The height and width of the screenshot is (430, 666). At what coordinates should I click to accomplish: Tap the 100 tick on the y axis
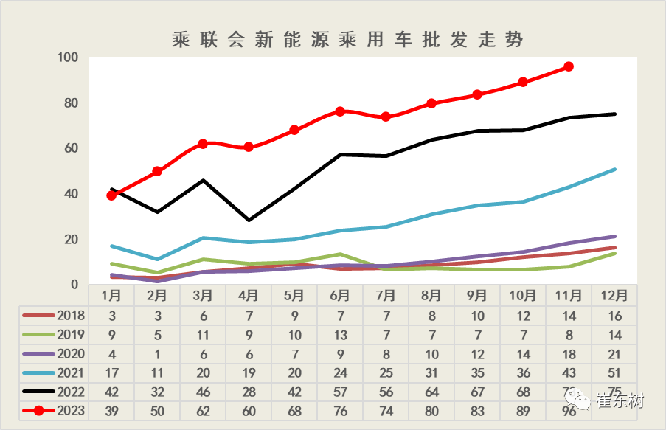[68, 58]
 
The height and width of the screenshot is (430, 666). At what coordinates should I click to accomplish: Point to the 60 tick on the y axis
[71, 148]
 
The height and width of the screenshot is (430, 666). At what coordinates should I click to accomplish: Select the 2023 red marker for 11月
[569, 66]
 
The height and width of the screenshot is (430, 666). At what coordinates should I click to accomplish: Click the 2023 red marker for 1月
[111, 195]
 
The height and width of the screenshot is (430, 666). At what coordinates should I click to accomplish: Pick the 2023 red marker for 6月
[340, 111]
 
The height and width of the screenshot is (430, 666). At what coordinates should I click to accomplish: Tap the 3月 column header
[203, 296]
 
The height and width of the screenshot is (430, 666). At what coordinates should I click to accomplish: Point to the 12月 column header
[614, 296]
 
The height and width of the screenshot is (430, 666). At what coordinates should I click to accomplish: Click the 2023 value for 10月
[523, 410]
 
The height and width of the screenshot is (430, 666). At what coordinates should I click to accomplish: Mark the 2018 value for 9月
[477, 316]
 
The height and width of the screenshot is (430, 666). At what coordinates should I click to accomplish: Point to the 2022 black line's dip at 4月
[249, 220]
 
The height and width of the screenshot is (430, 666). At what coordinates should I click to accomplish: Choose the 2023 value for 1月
[111, 410]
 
